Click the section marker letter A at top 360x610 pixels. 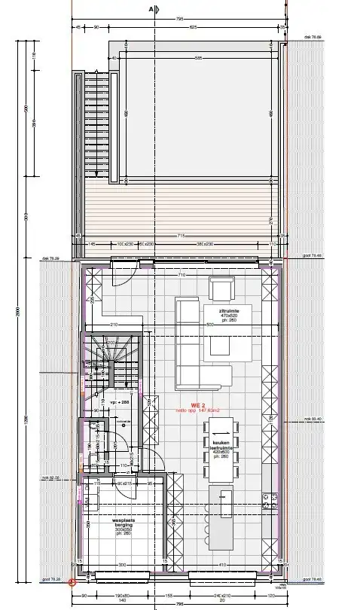pyautogui.click(x=151, y=8)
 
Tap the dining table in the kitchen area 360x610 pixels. pyautogui.click(x=221, y=450)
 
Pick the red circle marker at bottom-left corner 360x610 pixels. pyautogui.click(x=72, y=581)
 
